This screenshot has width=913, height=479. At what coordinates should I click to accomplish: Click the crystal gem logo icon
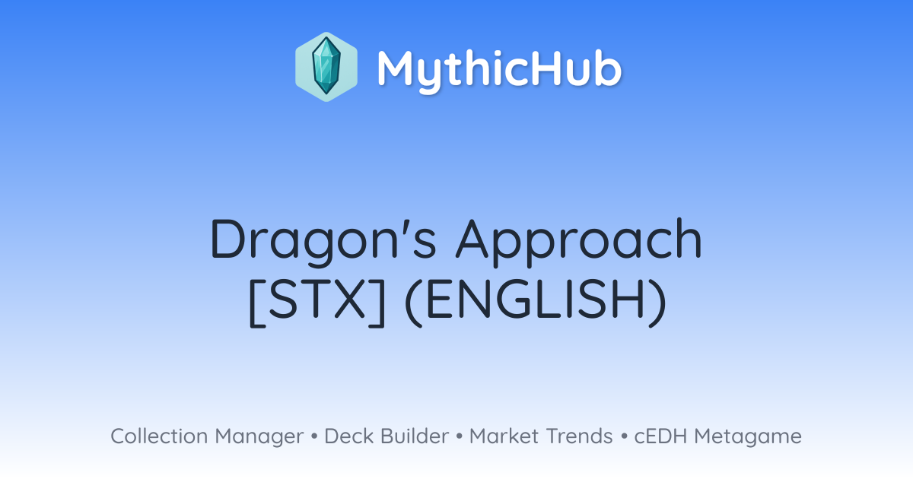tap(326, 67)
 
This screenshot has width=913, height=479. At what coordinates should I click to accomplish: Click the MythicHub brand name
tap(499, 69)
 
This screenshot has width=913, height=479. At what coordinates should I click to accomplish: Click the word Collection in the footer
tap(159, 436)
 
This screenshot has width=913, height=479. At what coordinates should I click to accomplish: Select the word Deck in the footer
tap(349, 436)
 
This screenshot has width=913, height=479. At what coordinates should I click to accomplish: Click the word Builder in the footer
tap(415, 436)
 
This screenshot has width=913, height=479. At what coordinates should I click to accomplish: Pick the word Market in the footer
tap(504, 436)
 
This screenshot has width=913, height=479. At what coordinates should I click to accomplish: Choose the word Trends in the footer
tap(579, 436)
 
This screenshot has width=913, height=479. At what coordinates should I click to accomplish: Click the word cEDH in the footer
tap(660, 436)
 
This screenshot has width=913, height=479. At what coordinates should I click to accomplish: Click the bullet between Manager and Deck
tap(313, 436)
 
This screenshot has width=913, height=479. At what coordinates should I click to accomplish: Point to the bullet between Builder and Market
tap(460, 436)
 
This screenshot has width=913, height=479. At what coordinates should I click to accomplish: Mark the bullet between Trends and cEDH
tap(624, 436)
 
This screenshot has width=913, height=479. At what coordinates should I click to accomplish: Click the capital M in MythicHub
tap(395, 68)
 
